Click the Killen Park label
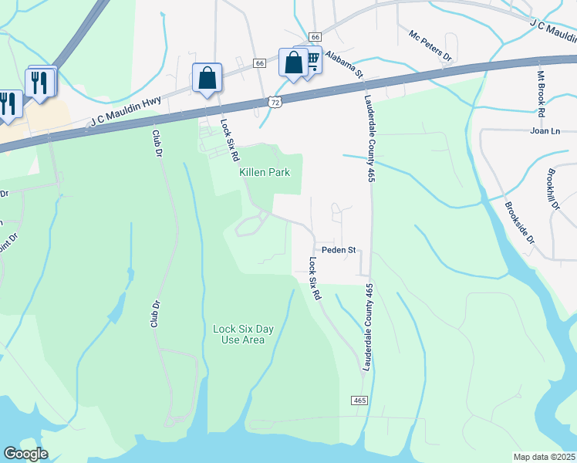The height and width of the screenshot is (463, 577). point(265,172)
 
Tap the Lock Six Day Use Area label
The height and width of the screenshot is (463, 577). point(243,334)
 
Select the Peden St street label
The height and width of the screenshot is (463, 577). point(338,250)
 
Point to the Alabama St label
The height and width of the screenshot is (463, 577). point(343,66)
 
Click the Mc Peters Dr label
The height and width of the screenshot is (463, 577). point(430,46)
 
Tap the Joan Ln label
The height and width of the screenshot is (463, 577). point(545,131)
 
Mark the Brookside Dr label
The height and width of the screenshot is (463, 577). point(518,223)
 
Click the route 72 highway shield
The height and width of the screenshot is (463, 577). point(275,101)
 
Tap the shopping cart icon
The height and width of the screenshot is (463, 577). point(312,59)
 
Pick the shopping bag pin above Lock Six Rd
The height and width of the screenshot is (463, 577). point(207,79)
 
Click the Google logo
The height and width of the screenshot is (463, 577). point(25,454)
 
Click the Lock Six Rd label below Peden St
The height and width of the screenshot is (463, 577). point(314,279)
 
